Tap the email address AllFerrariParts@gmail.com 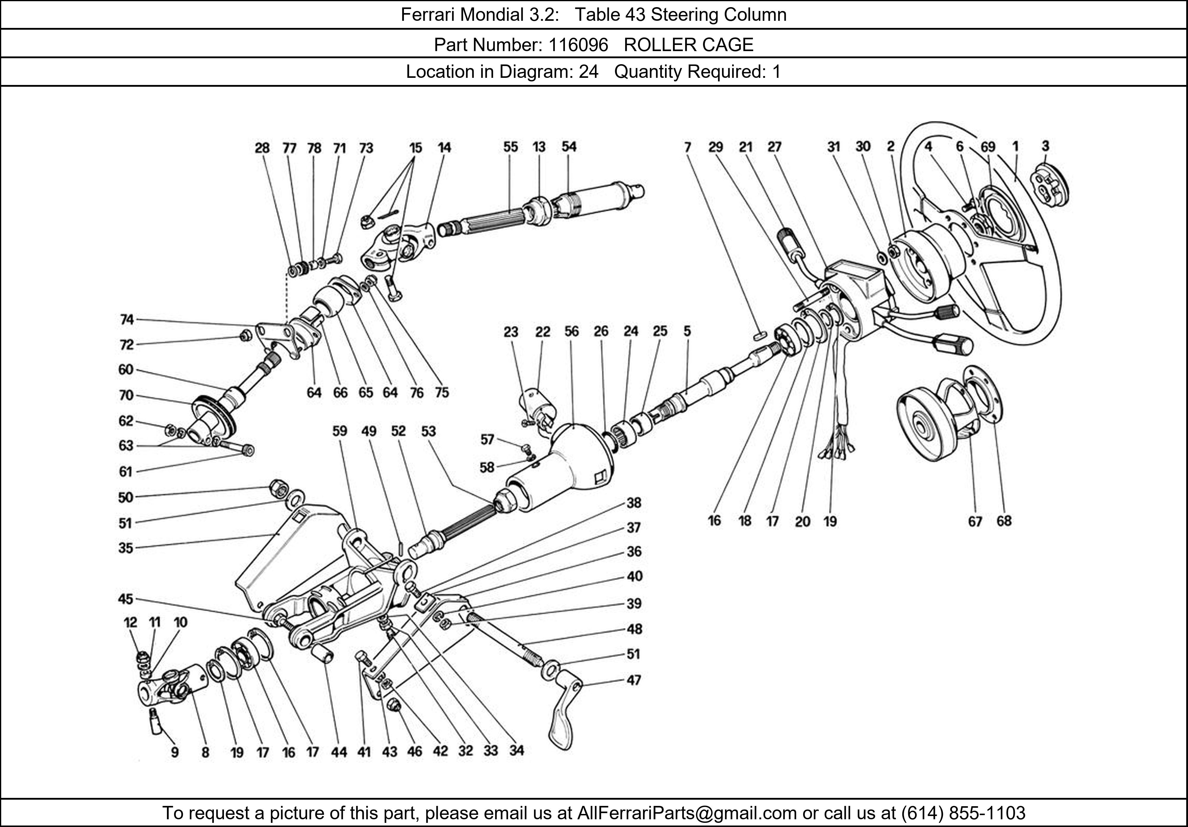click(x=687, y=813)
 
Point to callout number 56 click(x=571, y=331)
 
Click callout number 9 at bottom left click(x=175, y=752)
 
